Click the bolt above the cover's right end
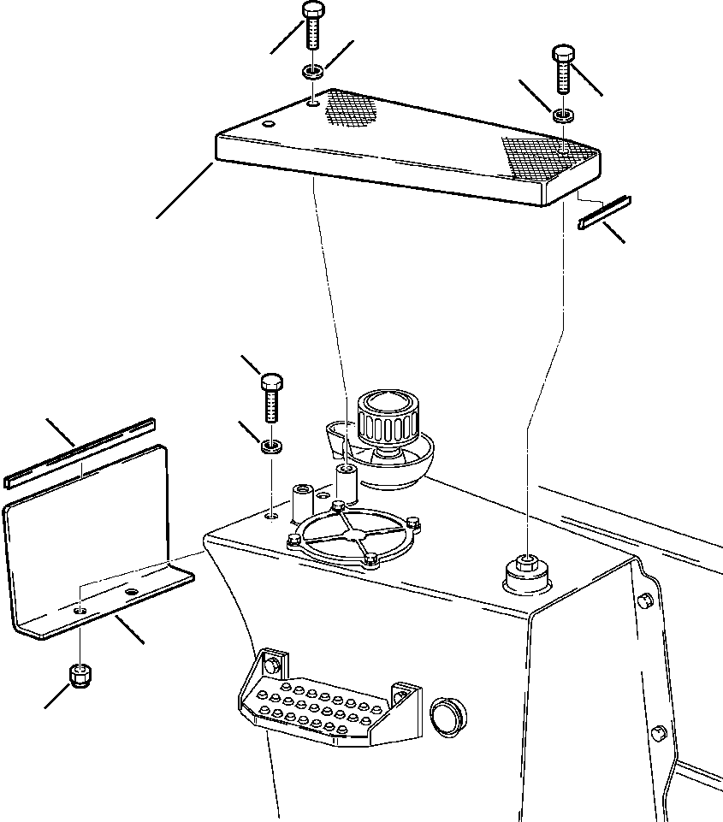[x=564, y=69]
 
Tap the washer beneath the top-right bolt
[x=563, y=115]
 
